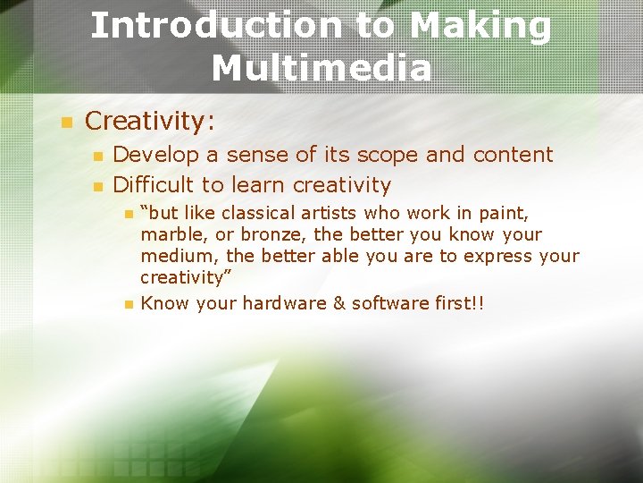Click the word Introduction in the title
(x=215, y=26)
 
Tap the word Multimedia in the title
(x=321, y=67)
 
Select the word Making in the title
(x=480, y=26)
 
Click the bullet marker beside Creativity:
(x=63, y=122)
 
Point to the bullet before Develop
(x=97, y=157)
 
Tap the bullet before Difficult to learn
(x=97, y=187)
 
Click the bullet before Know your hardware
(x=128, y=304)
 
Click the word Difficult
(x=153, y=185)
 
